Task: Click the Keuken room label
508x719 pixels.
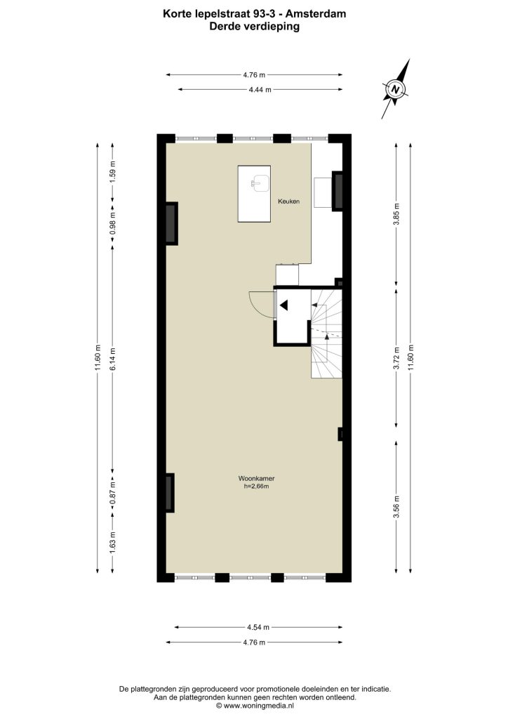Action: [288, 202]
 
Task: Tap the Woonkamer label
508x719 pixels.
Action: [256, 478]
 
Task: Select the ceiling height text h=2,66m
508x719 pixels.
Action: [256, 486]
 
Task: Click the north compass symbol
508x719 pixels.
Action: [395, 89]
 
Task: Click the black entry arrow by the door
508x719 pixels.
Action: [284, 305]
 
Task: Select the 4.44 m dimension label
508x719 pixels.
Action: [260, 90]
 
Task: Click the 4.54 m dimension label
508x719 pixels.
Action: [258, 627]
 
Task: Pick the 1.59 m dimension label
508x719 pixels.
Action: [113, 171]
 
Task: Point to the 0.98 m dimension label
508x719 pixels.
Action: [113, 225]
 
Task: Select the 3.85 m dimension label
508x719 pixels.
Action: [396, 213]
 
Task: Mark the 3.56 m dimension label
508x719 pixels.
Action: [396, 506]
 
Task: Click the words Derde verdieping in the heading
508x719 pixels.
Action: [254, 26]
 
